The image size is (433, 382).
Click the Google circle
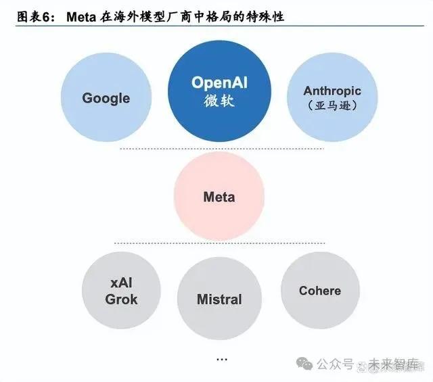pyautogui.click(x=106, y=98)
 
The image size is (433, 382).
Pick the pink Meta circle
pyautogui.click(x=219, y=197)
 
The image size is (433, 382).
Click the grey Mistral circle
pyautogui.click(x=219, y=299)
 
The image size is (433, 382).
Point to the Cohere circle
pyautogui.click(x=320, y=291)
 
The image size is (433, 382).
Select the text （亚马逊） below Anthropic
pyautogui.click(x=332, y=105)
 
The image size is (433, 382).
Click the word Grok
pyautogui.click(x=122, y=299)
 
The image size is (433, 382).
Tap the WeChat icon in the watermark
pyautogui.click(x=307, y=364)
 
